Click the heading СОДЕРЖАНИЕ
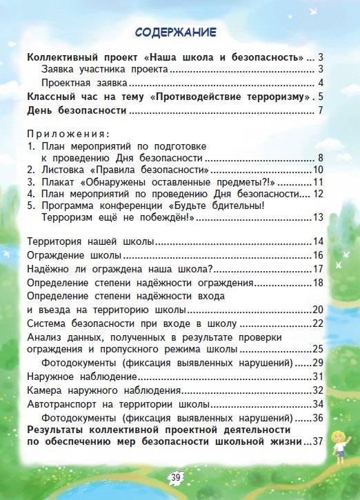pyautogui.click(x=175, y=33)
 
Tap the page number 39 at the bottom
pyautogui.click(x=175, y=477)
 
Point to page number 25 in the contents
pyautogui.click(x=318, y=349)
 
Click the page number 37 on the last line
pyautogui.click(x=318, y=442)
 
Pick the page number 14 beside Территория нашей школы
pyautogui.click(x=318, y=241)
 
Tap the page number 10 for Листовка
pyautogui.click(x=318, y=170)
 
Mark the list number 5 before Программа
pyautogui.click(x=30, y=206)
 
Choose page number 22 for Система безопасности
pyautogui.click(x=318, y=323)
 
